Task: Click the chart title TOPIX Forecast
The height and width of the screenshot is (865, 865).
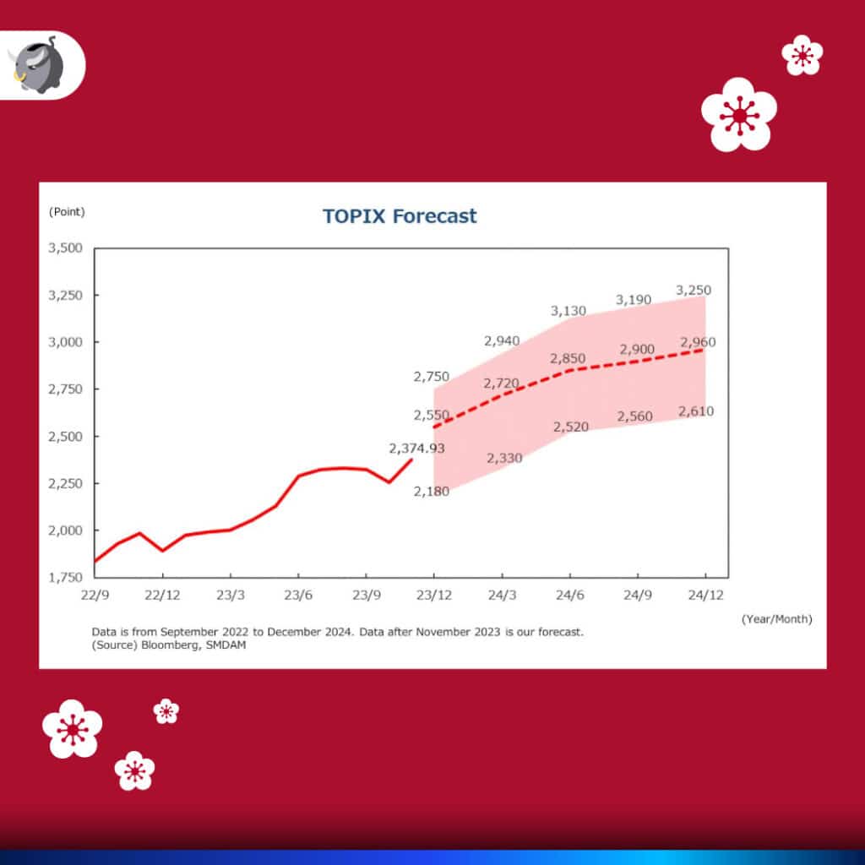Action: coord(400,215)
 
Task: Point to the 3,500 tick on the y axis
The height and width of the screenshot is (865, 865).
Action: coord(65,248)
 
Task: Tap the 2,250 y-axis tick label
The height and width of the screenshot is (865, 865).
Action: coord(65,484)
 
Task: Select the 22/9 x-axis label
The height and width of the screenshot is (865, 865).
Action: coord(94,595)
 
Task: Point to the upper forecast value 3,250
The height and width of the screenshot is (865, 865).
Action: coord(694,291)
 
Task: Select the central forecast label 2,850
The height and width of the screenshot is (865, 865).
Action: coord(568,359)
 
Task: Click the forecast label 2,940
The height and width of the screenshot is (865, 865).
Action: coord(502,341)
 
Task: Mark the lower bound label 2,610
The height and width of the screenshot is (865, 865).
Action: coord(695,412)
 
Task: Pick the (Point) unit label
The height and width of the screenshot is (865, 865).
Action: coord(67,211)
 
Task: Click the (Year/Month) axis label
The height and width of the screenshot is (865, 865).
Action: coord(776,619)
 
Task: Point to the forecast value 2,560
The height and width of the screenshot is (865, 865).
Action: coord(635,416)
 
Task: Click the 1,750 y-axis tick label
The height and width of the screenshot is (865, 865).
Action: coord(65,578)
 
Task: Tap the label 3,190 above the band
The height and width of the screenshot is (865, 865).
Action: coord(634,300)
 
